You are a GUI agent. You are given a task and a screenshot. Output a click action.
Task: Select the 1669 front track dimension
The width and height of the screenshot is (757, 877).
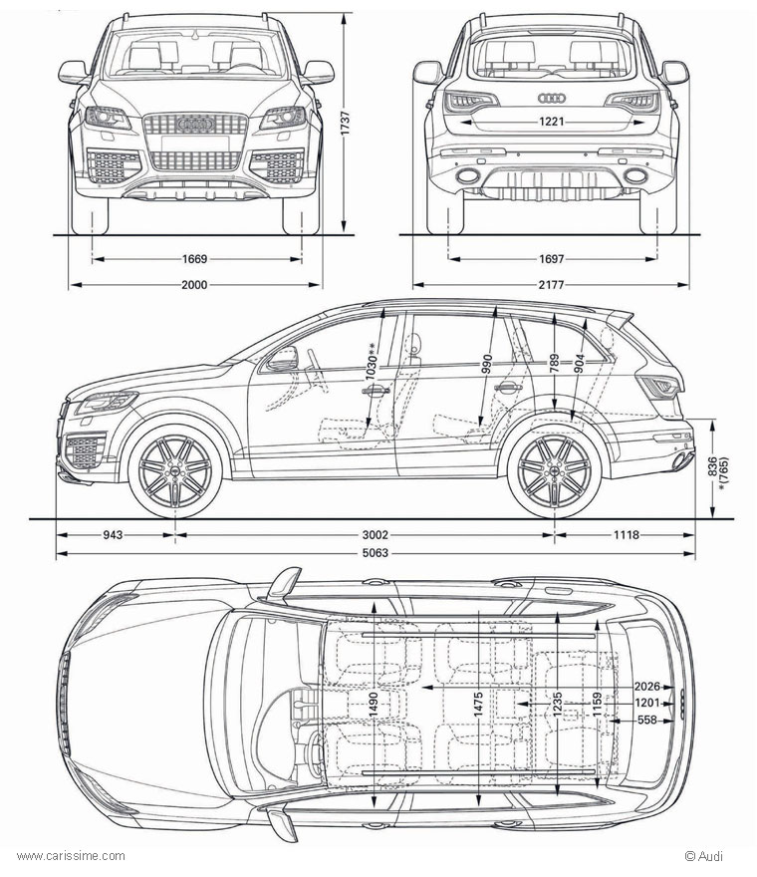pyautogui.click(x=194, y=259)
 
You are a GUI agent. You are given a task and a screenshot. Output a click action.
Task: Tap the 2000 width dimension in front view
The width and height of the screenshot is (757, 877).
pyautogui.click(x=194, y=285)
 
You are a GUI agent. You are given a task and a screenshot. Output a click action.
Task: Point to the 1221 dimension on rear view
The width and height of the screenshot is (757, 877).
pyautogui.click(x=551, y=123)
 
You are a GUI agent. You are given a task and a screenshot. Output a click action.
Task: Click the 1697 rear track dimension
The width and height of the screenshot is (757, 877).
pyautogui.click(x=551, y=259)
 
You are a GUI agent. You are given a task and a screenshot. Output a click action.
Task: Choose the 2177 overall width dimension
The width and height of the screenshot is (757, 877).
pyautogui.click(x=551, y=285)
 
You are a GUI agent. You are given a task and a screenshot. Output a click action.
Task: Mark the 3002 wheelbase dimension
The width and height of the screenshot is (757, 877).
pyautogui.click(x=376, y=535)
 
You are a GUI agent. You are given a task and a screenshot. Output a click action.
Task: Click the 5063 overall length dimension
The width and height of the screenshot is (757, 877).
pyautogui.click(x=376, y=553)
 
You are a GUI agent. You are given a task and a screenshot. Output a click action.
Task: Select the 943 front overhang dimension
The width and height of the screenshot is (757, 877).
pyautogui.click(x=113, y=535)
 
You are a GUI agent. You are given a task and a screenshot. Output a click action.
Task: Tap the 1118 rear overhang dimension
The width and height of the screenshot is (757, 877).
pyautogui.click(x=626, y=535)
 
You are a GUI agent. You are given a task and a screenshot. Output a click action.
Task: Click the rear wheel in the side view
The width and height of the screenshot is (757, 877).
pyautogui.click(x=554, y=469)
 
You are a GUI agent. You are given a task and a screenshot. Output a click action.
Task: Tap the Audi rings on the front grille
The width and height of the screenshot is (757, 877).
pyautogui.click(x=195, y=124)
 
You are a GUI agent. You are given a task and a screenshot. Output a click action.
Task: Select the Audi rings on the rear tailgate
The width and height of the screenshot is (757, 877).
pyautogui.click(x=551, y=98)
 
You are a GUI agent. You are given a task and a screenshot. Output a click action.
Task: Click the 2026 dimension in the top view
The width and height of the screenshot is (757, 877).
pyautogui.click(x=648, y=686)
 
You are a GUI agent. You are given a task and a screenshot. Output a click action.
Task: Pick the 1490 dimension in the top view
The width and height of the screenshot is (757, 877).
pyautogui.click(x=373, y=704)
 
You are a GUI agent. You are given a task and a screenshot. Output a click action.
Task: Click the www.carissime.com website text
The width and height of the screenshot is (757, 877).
pyautogui.click(x=72, y=855)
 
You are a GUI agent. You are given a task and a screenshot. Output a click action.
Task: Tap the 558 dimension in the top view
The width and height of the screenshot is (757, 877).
pyautogui.click(x=647, y=720)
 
